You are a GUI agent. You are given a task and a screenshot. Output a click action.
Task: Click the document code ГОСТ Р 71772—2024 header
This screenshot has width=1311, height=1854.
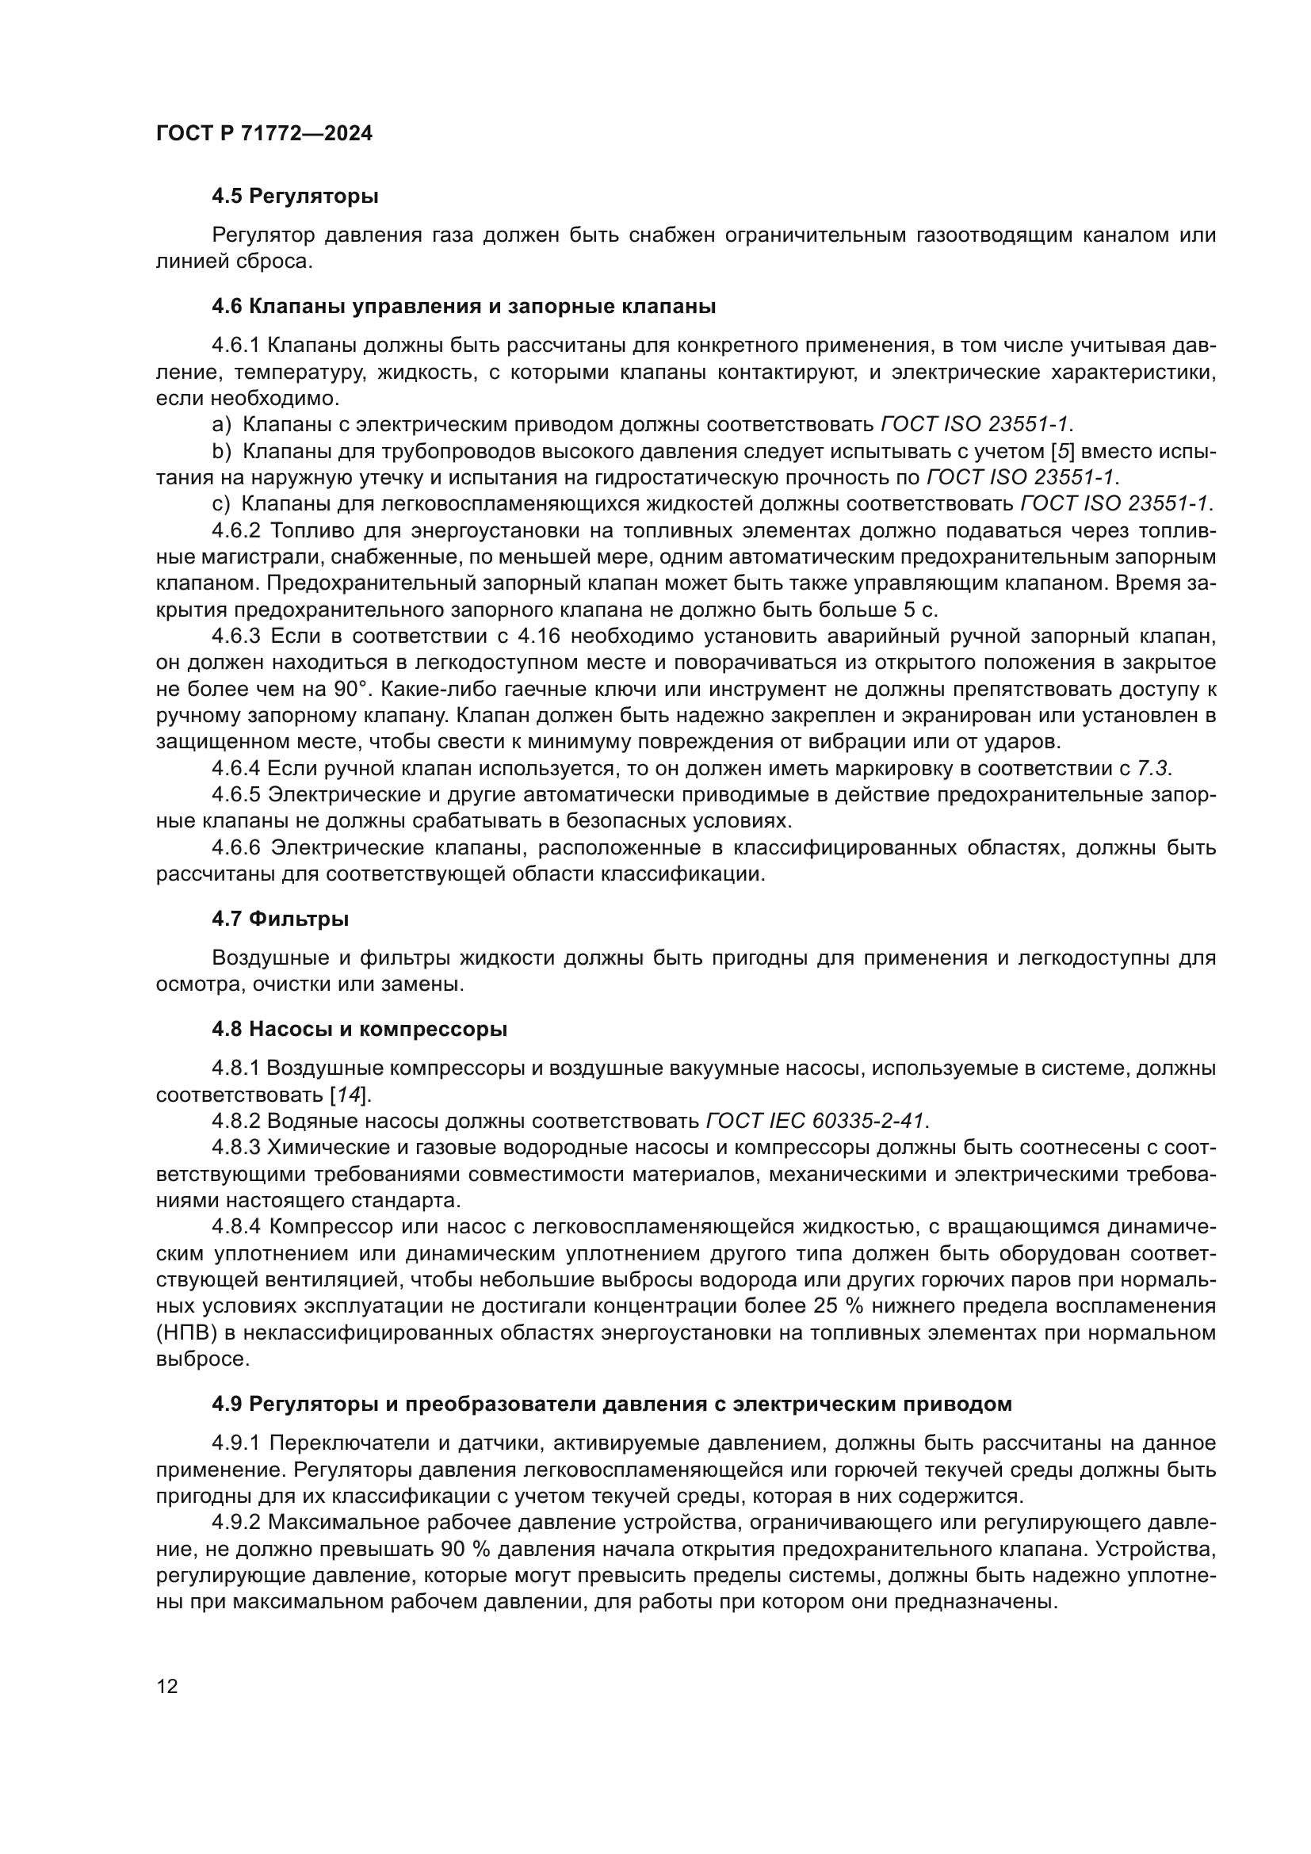pyautogui.click(x=264, y=134)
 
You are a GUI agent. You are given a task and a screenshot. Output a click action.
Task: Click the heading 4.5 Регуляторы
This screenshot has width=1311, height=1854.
pyautogui.click(x=295, y=197)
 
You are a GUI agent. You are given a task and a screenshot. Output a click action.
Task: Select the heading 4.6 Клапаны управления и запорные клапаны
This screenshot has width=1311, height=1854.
pyautogui.click(x=464, y=307)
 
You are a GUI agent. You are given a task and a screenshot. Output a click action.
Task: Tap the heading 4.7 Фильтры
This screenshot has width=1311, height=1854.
pyautogui.click(x=280, y=919)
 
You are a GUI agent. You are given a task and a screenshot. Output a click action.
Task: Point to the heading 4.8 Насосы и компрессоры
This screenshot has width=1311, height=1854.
pyautogui.click(x=359, y=1030)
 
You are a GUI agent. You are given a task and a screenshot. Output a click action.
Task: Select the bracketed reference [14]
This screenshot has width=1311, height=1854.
pyautogui.click(x=348, y=1095)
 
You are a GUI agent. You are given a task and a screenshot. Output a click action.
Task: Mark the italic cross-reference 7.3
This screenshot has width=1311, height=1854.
pyautogui.click(x=1153, y=769)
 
